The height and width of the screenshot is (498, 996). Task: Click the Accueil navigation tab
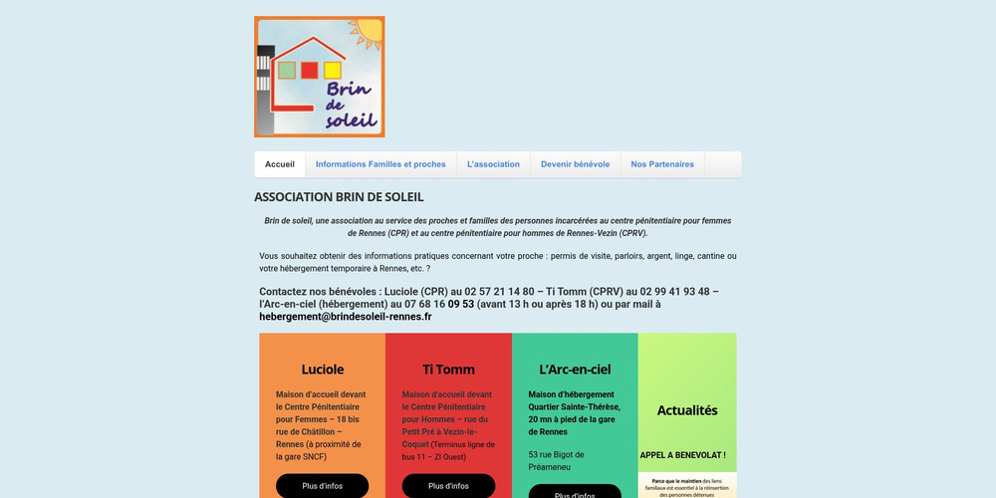(280, 164)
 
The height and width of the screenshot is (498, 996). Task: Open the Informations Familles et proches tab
(380, 164)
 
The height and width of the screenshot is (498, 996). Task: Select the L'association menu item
(493, 164)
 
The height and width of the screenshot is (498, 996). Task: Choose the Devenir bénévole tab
(575, 164)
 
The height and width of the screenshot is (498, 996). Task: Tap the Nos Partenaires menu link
(662, 164)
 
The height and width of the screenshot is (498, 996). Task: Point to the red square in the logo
(309, 70)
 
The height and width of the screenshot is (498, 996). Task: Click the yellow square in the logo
(333, 70)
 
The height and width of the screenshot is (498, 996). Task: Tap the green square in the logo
(287, 70)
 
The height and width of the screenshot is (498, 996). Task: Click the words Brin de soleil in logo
(350, 105)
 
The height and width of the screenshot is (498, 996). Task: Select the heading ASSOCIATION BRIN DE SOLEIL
(339, 197)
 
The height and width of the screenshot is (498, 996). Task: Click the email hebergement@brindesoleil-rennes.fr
(346, 317)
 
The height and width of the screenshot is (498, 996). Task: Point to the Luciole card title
(322, 370)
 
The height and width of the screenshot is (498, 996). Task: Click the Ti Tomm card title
(448, 370)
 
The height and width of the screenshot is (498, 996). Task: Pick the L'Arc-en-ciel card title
(575, 370)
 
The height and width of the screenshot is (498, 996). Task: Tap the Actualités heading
(687, 410)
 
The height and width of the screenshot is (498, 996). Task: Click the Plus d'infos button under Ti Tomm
(448, 486)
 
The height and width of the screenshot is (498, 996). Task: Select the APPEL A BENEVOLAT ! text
(682, 455)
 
